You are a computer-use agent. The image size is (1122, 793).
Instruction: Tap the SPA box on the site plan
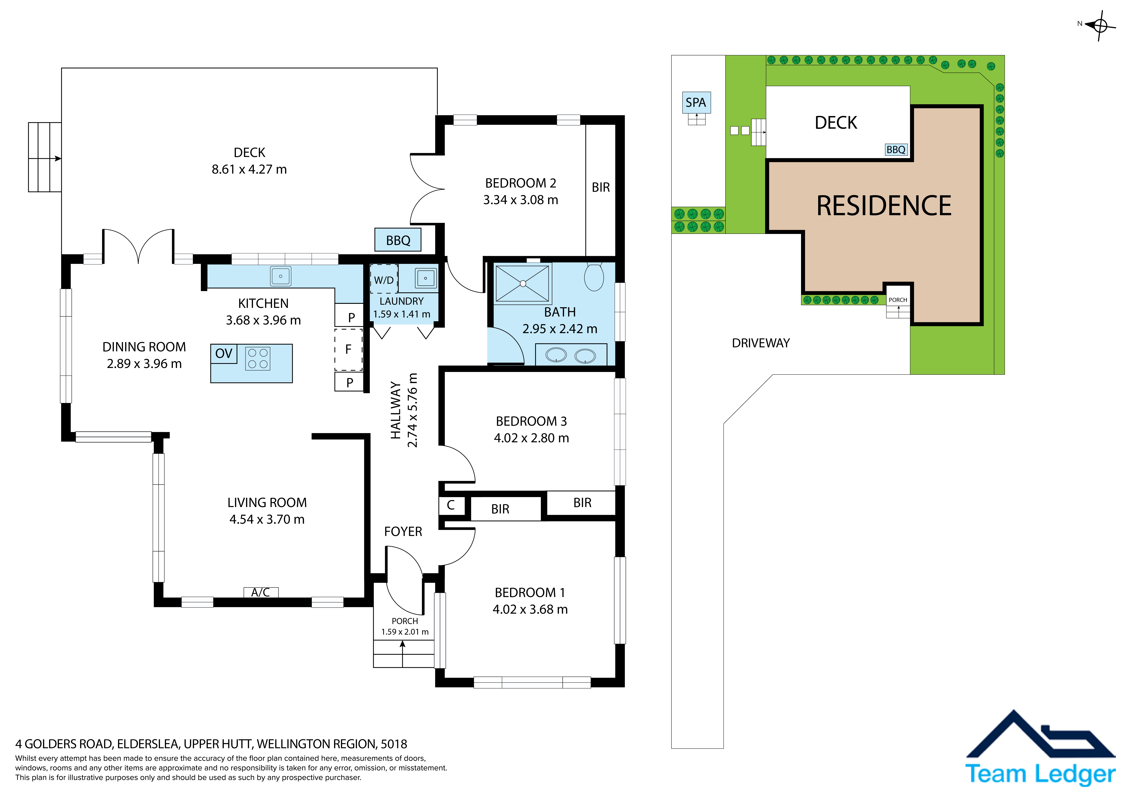[696, 103]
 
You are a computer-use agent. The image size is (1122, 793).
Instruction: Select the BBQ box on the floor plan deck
[398, 240]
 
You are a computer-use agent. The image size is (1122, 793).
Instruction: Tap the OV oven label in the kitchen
[224, 353]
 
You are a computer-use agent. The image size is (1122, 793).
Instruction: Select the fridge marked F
[348, 349]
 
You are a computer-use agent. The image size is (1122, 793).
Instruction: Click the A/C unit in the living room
[261, 592]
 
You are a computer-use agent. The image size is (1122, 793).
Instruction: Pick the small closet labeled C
[450, 505]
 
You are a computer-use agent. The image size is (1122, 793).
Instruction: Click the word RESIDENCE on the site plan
[884, 206]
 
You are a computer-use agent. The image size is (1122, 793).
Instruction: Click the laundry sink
[426, 278]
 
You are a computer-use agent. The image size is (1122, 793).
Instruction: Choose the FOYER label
[403, 532]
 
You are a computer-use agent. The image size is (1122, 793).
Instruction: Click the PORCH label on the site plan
[898, 300]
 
